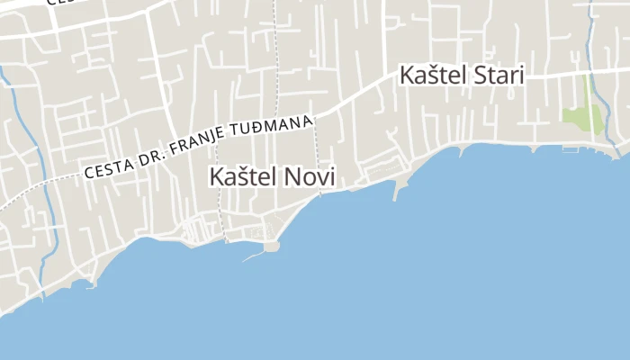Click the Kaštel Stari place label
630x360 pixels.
462,75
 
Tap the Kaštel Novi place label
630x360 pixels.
272,177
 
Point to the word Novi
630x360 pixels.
309,177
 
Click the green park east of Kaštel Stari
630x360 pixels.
582,117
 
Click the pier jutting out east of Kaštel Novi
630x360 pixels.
398,189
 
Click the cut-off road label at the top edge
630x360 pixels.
54,3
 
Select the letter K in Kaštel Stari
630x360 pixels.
407,75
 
